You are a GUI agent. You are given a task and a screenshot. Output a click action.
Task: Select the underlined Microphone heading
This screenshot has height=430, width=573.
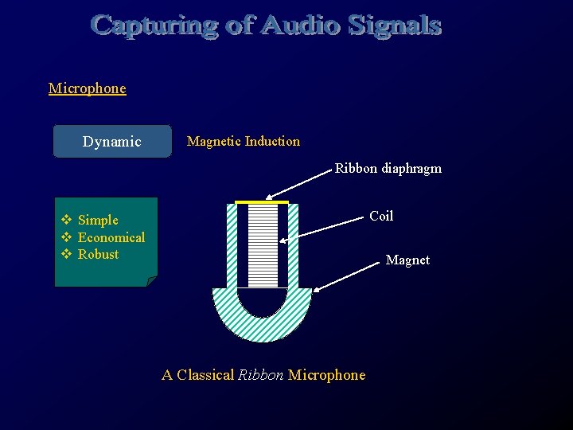click(x=87, y=88)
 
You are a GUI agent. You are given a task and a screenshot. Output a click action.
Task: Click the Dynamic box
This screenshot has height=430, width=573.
click(x=112, y=142)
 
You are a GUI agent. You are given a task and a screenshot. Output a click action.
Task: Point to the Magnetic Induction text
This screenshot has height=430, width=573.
click(x=243, y=142)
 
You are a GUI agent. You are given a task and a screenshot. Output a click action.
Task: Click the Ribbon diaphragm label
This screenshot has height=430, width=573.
click(x=388, y=169)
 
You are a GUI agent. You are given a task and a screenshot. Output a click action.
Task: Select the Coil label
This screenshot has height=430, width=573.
click(x=381, y=216)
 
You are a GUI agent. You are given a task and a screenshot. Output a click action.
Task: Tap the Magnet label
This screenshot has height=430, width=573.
click(x=407, y=260)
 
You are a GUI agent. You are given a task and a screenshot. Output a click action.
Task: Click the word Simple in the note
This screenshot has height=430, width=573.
click(x=98, y=220)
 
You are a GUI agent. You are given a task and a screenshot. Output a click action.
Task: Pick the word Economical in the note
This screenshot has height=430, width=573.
click(x=111, y=237)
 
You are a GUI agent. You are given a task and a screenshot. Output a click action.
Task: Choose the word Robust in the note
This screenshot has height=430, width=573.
click(x=98, y=255)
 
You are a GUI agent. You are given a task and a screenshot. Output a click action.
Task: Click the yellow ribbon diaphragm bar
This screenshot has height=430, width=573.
click(x=262, y=202)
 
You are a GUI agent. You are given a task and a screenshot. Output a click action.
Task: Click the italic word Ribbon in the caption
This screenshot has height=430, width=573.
click(x=260, y=375)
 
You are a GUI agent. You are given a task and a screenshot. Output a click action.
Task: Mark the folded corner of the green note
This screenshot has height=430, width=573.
click(x=152, y=281)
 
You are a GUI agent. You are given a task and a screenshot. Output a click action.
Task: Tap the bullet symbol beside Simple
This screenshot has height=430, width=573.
click(x=67, y=220)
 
